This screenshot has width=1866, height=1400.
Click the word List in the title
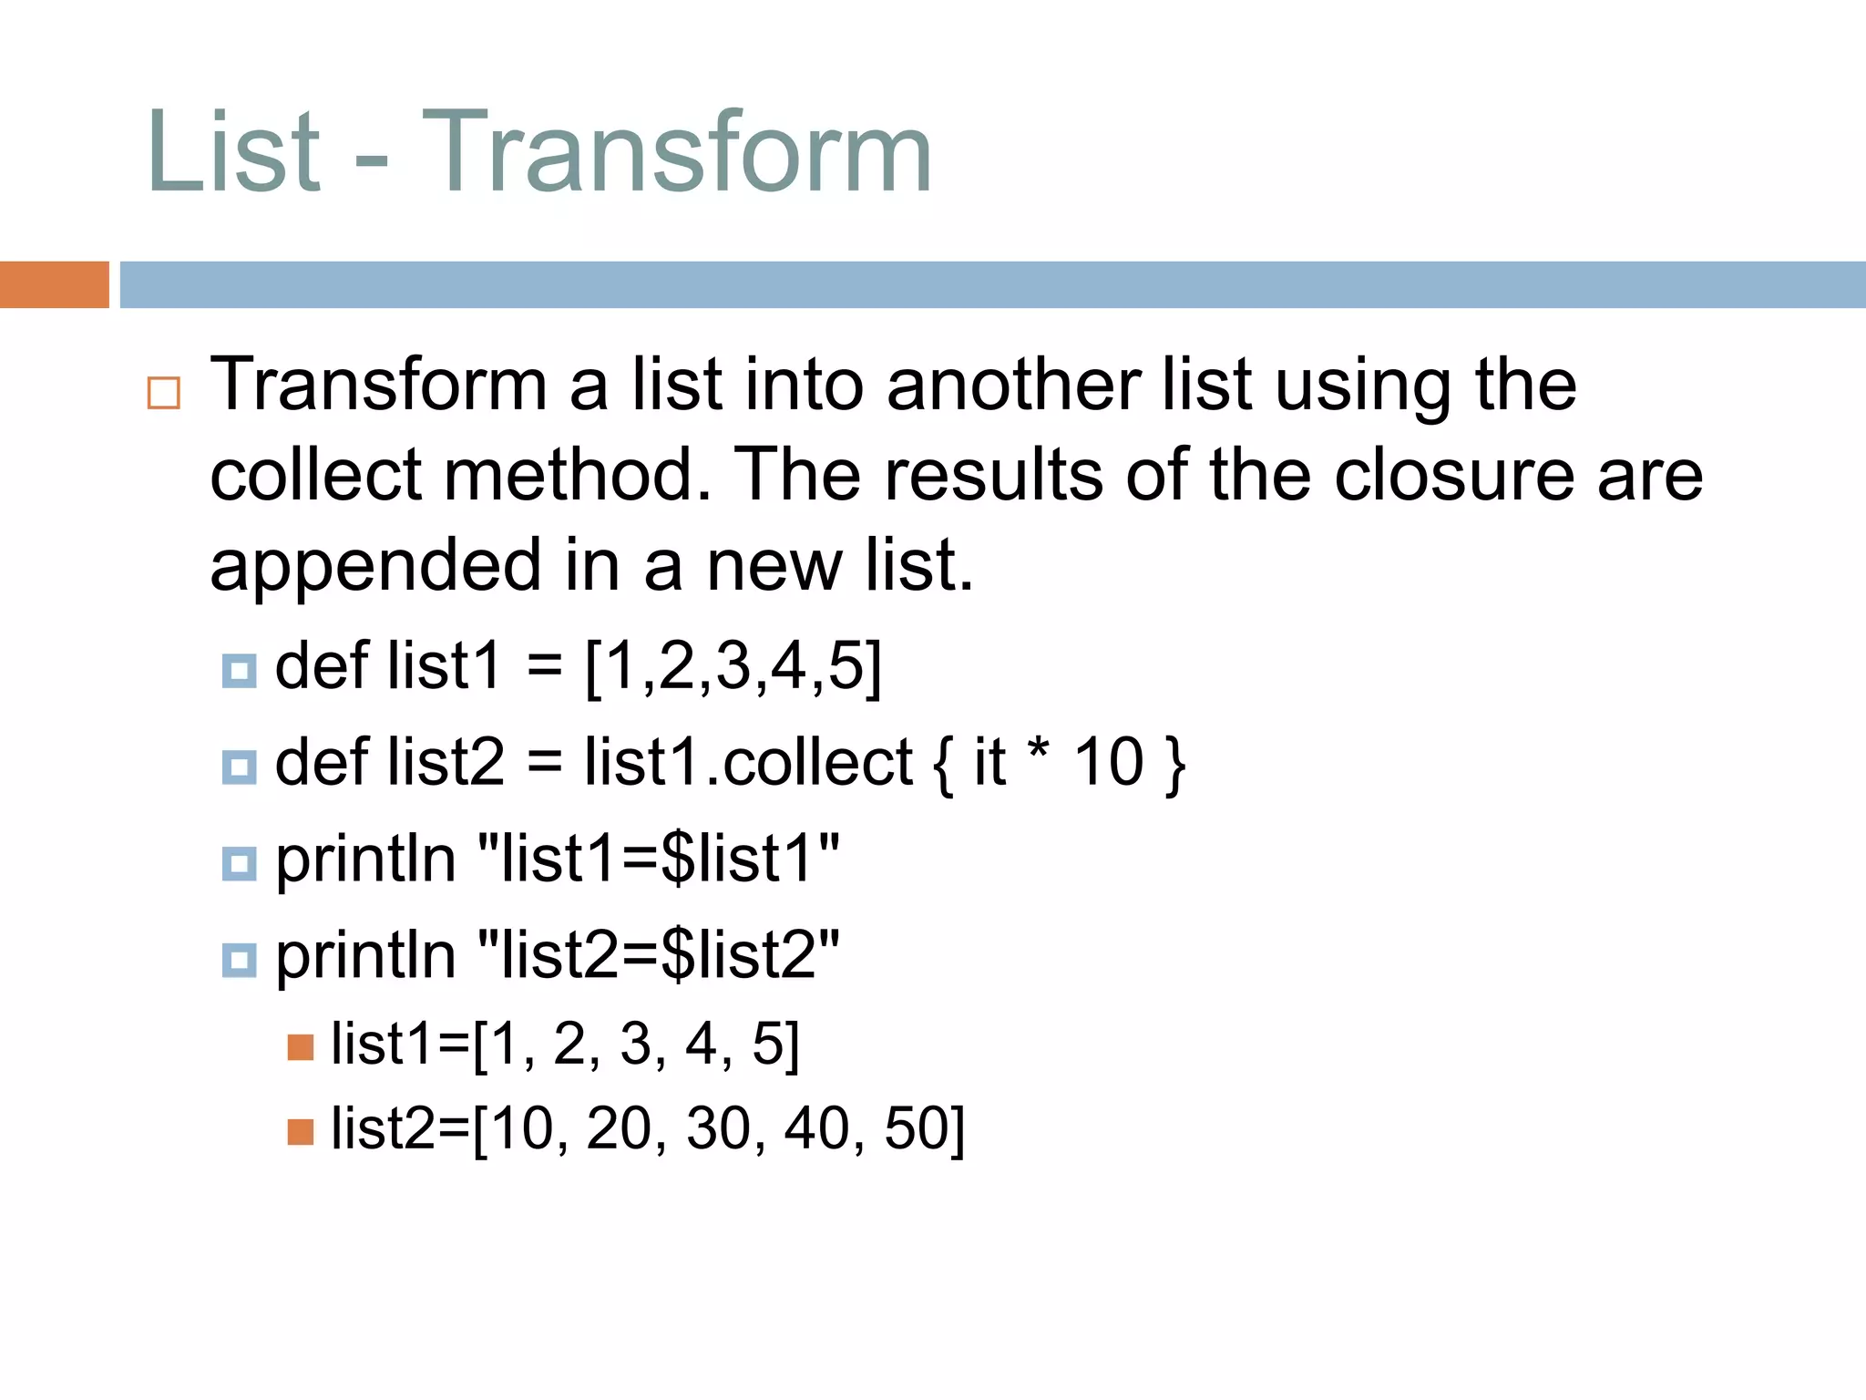click(233, 153)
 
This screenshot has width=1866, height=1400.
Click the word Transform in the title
click(677, 153)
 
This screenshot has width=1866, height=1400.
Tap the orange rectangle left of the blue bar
click(54, 284)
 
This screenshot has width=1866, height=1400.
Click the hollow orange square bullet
click(164, 393)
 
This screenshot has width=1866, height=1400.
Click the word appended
click(375, 566)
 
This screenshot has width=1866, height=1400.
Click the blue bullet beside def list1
click(239, 671)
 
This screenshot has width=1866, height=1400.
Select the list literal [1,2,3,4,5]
click(733, 666)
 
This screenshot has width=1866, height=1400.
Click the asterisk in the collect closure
click(1038, 753)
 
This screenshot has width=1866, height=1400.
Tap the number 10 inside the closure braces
click(1108, 762)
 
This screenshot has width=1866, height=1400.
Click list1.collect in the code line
click(748, 762)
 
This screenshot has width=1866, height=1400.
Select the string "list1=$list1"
click(658, 859)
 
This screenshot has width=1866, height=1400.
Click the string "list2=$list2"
click(658, 955)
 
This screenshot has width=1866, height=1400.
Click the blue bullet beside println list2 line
click(239, 960)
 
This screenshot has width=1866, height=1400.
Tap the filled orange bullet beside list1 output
click(300, 1047)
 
